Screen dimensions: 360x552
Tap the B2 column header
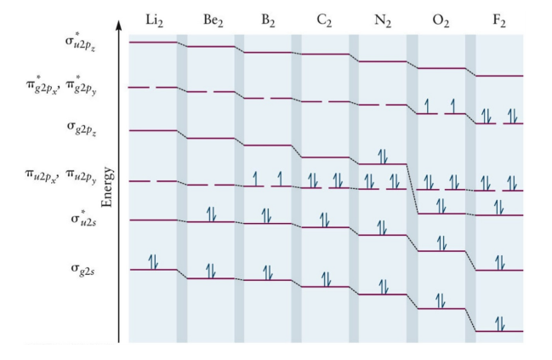click(x=267, y=20)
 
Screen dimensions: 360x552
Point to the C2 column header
click(x=324, y=20)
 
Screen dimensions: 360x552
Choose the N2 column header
click(x=382, y=20)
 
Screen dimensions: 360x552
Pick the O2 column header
click(x=440, y=20)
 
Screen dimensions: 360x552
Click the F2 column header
click(x=498, y=20)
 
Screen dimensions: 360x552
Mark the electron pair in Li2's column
click(x=153, y=262)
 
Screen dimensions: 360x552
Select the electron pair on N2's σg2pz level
click(x=383, y=156)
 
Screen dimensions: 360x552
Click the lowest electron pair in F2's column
click(x=499, y=323)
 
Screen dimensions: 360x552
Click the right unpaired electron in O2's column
click(x=453, y=106)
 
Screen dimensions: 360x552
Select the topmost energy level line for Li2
click(x=153, y=42)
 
